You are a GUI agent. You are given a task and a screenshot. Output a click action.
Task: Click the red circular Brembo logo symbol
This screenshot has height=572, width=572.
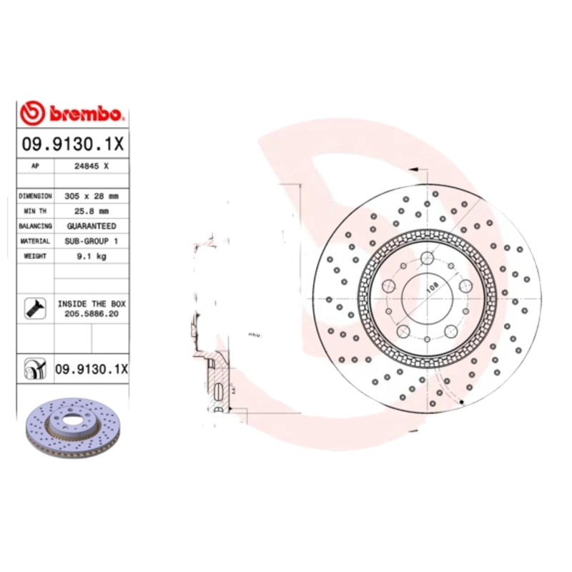click(x=33, y=113)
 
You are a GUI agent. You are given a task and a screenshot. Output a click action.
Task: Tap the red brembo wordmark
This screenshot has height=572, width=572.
click(x=86, y=114)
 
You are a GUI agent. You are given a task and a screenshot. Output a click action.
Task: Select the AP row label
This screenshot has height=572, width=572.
click(x=35, y=165)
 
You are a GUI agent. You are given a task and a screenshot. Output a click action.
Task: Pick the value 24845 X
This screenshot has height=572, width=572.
click(x=92, y=165)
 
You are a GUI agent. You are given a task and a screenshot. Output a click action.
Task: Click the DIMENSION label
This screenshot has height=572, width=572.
click(x=35, y=195)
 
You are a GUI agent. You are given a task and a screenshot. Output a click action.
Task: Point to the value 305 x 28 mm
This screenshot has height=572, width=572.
click(x=92, y=195)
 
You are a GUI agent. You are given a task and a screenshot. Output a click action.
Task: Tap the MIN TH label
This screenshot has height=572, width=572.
click(x=35, y=211)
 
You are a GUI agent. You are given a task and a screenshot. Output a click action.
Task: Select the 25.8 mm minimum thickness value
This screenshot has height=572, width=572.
click(x=92, y=211)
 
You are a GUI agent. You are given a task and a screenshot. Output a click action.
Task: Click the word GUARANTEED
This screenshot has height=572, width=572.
click(x=92, y=226)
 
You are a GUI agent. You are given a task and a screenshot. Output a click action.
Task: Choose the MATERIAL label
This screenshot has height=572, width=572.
click(x=35, y=242)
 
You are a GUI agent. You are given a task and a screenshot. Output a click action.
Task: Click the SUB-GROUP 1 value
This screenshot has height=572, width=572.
click(x=92, y=242)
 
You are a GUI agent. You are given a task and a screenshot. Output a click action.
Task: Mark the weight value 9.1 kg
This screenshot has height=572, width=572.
click(x=92, y=257)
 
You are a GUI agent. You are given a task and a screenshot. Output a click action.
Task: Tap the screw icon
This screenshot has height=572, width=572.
click(x=35, y=307)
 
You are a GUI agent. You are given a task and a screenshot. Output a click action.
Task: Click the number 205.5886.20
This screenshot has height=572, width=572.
click(x=92, y=313)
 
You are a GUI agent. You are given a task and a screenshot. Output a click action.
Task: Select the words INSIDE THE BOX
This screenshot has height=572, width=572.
click(x=92, y=303)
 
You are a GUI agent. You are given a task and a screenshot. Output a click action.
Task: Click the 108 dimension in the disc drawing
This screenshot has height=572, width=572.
click(x=432, y=288)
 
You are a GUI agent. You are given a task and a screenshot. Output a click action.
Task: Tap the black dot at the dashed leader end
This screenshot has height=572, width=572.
click(x=463, y=403)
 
